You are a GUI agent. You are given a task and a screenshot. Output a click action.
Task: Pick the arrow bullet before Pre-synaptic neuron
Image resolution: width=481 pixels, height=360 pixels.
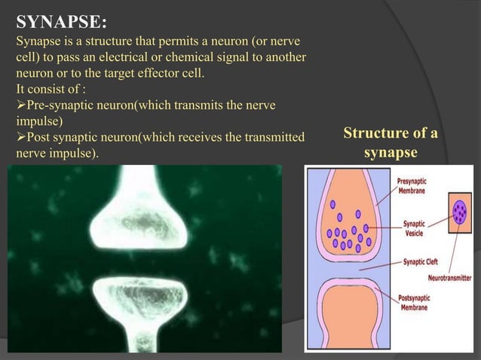(x=11, y=107)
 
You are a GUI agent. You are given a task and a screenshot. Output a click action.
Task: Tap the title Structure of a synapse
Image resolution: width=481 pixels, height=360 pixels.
(x=391, y=144)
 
